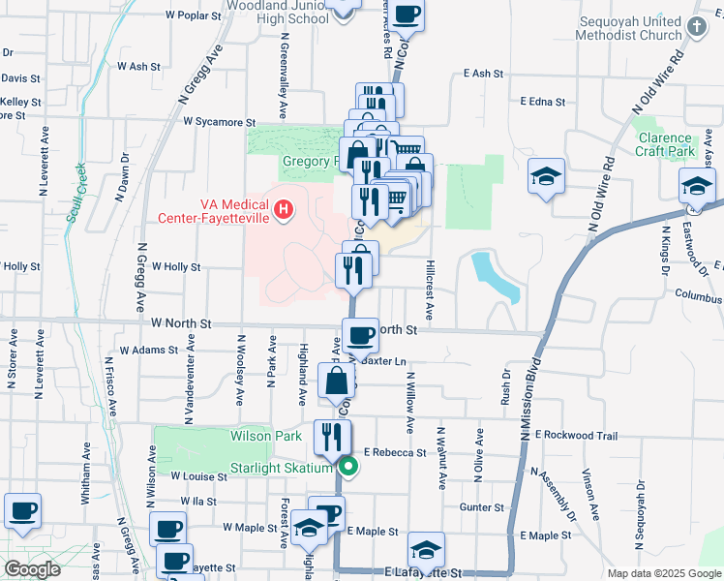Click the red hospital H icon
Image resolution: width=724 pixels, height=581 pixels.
pyautogui.click(x=283, y=208)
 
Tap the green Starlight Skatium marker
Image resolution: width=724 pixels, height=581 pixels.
pyautogui.click(x=349, y=469)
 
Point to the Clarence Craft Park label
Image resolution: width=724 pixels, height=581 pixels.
pyautogui.click(x=666, y=145)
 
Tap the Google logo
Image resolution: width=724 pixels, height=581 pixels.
pyautogui.click(x=31, y=570)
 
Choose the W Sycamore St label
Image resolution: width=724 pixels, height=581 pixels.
pyautogui.click(x=220, y=123)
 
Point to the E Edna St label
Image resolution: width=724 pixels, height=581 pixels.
pyautogui.click(x=542, y=101)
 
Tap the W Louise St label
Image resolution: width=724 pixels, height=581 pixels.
pyautogui.click(x=198, y=476)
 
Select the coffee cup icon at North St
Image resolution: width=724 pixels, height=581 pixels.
pyautogui.click(x=360, y=335)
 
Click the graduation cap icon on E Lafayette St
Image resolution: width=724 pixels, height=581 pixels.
pyautogui.click(x=426, y=550)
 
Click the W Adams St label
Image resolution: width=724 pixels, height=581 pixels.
pyautogui.click(x=149, y=351)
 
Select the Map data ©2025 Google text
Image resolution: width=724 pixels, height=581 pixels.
pyautogui.click(x=663, y=573)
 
